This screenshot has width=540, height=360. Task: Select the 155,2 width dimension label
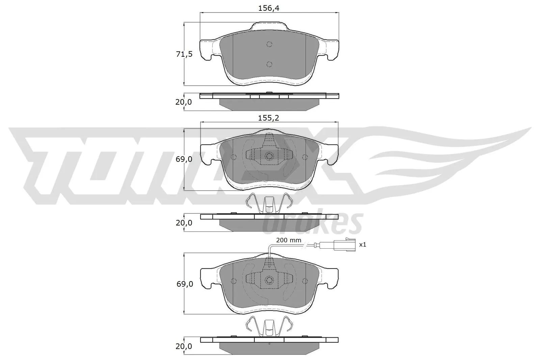pos(269,118)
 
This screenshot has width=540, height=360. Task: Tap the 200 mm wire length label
pos(288,241)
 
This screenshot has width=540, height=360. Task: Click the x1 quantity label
pos(362,244)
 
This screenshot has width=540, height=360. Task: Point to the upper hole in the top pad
pos(269,44)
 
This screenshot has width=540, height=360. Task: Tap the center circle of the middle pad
pos(269,156)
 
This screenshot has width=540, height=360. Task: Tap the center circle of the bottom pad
pos(269,280)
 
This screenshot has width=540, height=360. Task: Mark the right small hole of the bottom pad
pos(305,281)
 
